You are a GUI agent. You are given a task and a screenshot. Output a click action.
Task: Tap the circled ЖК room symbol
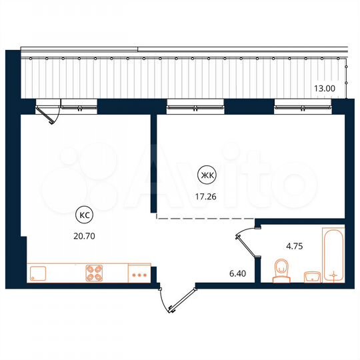pos(207,176)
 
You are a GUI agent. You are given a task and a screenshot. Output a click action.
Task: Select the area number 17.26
pos(207,197)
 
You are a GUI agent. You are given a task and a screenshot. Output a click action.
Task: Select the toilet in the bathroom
pos(281,271)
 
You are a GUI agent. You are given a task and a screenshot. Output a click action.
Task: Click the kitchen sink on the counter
pos(37,273)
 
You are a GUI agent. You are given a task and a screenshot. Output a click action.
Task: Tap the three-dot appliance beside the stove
pos(139,274)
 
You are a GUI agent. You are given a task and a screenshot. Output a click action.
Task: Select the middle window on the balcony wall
pos(195,103)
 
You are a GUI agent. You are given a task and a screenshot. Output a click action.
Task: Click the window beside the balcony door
pos(79,103)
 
